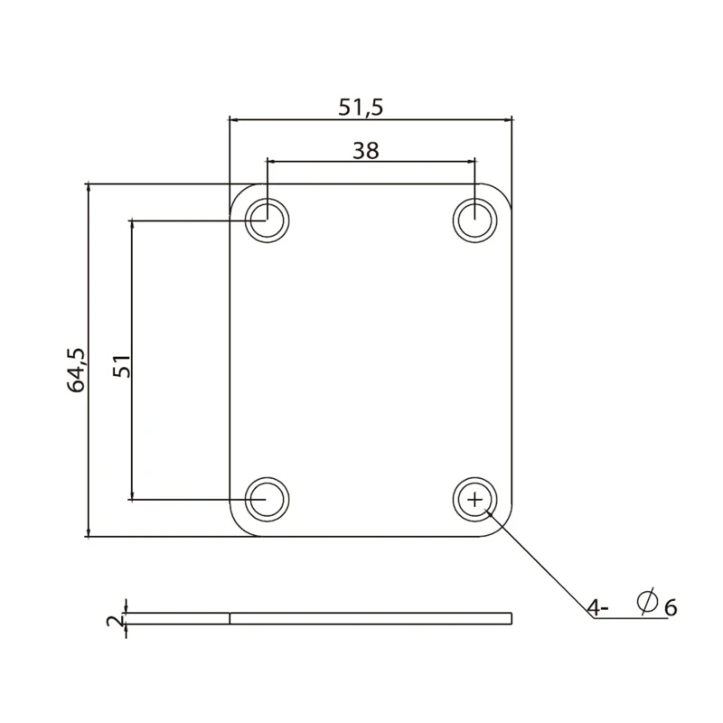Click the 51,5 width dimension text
[361, 107]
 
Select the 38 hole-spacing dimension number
[365, 150]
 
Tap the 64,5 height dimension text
[77, 370]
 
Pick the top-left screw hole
[267, 219]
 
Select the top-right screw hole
[475, 219]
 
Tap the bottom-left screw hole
[267, 498]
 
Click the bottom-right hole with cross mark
[475, 498]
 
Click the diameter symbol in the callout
[646, 603]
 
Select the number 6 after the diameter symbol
[670, 607]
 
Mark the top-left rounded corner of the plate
[238, 192]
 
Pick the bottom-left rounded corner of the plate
[238, 529]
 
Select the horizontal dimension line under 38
[371, 162]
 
